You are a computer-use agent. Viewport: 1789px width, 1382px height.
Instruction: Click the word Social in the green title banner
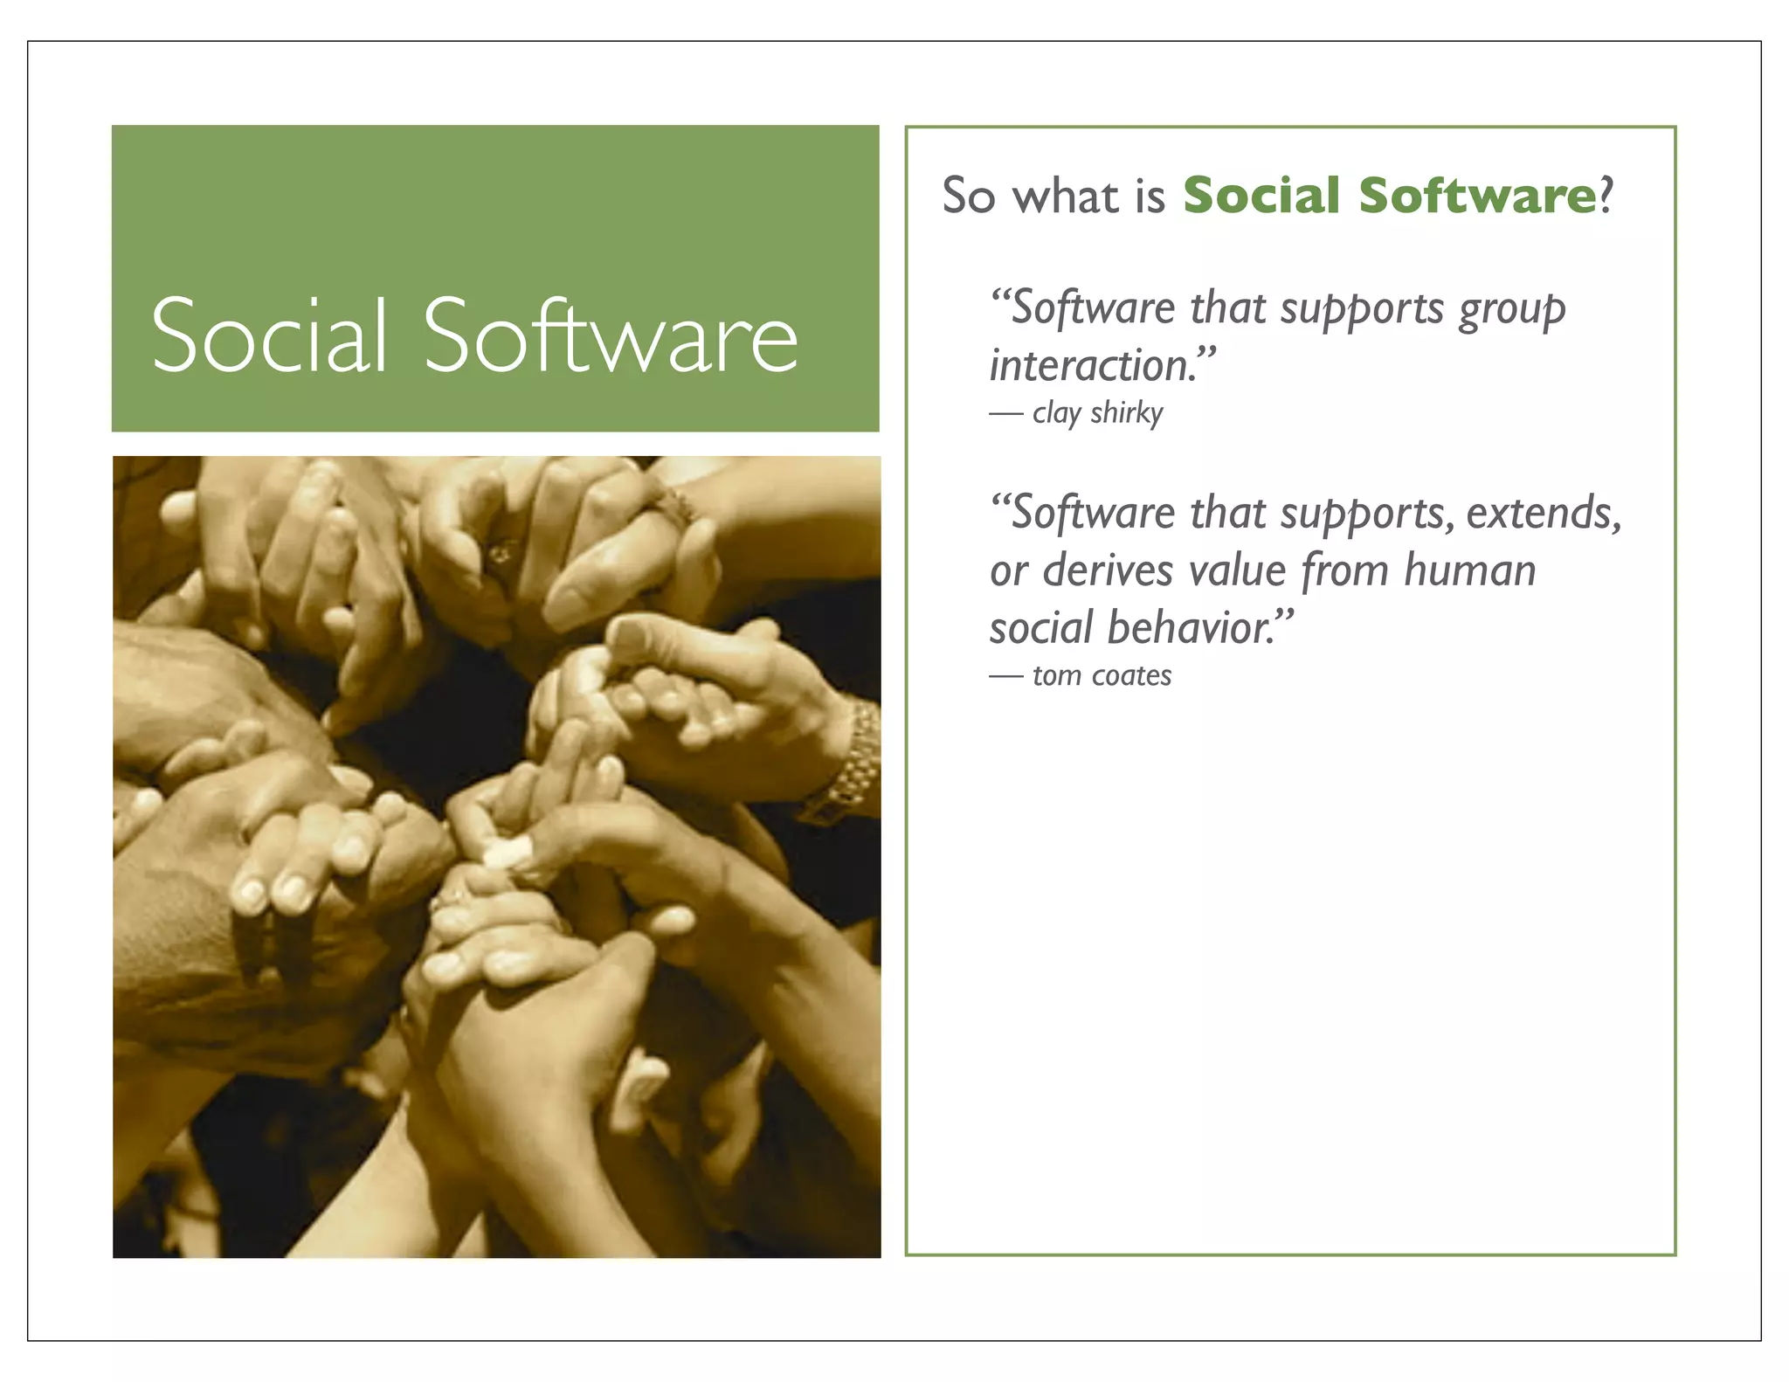[x=269, y=335]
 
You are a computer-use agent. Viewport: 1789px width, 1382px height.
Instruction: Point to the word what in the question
[x=1067, y=195]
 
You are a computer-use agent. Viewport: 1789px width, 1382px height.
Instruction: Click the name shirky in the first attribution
[x=1126, y=412]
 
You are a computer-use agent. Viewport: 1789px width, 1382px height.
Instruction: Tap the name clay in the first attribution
[x=1056, y=413]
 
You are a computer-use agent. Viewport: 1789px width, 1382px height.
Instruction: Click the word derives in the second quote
[x=1107, y=570]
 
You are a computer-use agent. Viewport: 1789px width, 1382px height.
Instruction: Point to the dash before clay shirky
[x=1005, y=414]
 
